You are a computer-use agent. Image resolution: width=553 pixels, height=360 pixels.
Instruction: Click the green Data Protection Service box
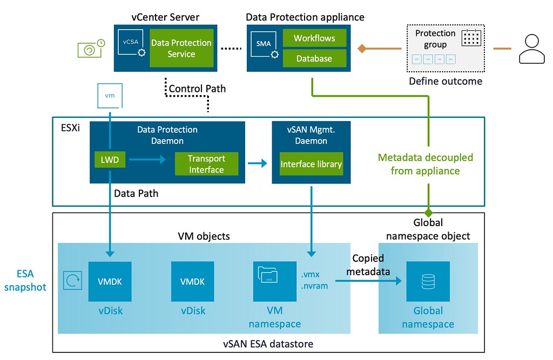(x=181, y=48)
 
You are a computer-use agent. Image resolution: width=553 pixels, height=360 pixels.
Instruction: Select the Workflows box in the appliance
(x=314, y=38)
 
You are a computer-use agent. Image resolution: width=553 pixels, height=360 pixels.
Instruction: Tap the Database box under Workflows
(x=314, y=58)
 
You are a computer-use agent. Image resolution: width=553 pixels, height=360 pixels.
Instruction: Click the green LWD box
(x=110, y=159)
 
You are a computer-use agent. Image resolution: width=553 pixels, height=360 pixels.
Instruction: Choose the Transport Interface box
(x=206, y=164)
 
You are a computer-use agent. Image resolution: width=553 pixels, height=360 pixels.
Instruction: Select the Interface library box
(x=311, y=164)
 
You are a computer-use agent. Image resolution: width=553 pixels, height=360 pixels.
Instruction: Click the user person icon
(x=532, y=49)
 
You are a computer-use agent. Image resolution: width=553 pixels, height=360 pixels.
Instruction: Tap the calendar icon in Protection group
(x=471, y=38)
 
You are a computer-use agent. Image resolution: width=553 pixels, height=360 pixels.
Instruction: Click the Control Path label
(x=197, y=89)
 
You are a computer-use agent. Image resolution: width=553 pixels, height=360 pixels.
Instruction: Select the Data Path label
(x=137, y=192)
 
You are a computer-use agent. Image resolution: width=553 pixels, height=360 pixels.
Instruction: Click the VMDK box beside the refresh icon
(x=110, y=282)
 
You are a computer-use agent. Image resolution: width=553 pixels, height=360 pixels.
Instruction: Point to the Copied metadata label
(x=370, y=265)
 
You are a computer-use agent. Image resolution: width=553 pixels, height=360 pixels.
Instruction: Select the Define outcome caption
(x=446, y=81)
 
